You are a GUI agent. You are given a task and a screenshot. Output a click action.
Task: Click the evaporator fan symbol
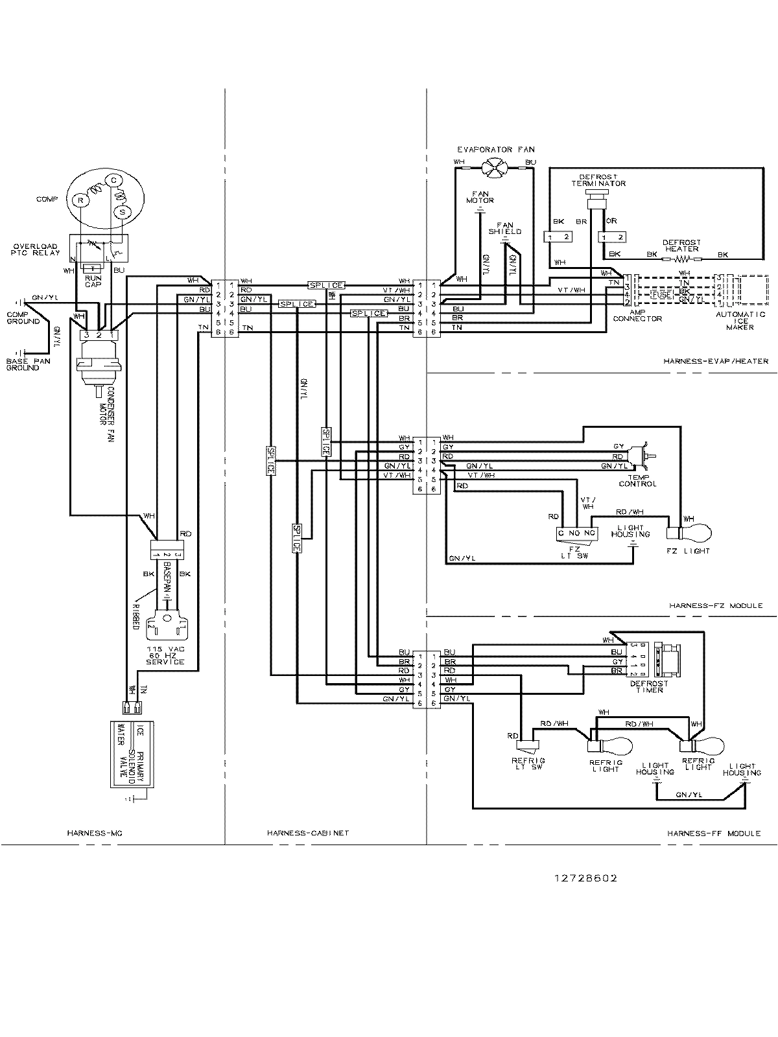coord(495,170)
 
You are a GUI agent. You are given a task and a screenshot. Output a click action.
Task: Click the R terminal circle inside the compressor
coord(80,200)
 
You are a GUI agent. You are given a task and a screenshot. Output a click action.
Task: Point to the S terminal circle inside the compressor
coord(121,211)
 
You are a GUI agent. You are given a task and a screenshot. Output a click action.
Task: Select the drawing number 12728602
coord(585,878)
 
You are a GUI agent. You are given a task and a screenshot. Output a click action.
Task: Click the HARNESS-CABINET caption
coord(307,833)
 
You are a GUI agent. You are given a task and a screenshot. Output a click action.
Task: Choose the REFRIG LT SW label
coord(527,763)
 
